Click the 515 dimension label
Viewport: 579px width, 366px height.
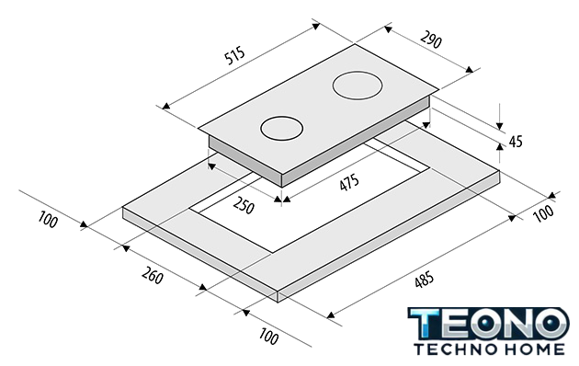(235, 55)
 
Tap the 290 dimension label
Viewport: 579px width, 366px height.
(431, 40)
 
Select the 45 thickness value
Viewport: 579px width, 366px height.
(516, 141)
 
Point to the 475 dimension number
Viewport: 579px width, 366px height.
(349, 182)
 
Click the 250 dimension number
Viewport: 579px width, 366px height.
(244, 205)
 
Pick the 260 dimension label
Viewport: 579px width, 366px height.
(153, 275)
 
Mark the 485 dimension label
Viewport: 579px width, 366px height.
(425, 280)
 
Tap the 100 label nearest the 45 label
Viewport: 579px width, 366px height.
(544, 213)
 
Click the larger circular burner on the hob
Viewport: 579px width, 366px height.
(358, 86)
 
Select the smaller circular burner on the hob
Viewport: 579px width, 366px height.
(282, 129)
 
